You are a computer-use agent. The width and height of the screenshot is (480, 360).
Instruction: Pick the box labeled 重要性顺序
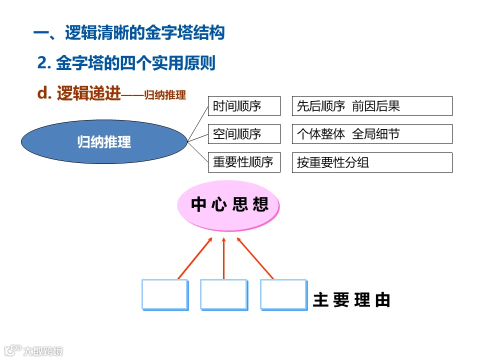(243, 162)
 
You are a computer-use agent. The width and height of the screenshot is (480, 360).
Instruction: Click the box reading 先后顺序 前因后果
(372, 106)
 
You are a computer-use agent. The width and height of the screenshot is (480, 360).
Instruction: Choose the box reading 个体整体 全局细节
(372, 134)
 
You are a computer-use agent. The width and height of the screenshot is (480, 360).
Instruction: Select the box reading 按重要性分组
(372, 162)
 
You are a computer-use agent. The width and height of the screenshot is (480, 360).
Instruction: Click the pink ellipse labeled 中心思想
(228, 204)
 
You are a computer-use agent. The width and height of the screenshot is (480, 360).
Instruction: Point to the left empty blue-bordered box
(164, 294)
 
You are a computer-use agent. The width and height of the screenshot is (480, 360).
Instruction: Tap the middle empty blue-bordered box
(223, 294)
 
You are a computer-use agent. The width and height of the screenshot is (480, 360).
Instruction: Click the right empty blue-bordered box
(283, 294)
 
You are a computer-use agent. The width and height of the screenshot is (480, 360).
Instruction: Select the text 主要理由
(351, 300)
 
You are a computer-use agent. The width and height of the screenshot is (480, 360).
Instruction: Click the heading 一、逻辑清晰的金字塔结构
(129, 33)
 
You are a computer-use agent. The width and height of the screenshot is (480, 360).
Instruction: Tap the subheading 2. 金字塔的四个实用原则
(126, 63)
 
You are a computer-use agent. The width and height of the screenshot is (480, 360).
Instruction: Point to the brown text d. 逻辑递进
(79, 93)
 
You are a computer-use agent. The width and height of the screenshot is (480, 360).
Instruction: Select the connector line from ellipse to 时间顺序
(197, 123)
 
